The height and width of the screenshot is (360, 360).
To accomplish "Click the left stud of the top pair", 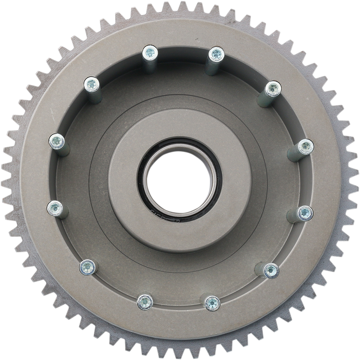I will [x=150, y=52].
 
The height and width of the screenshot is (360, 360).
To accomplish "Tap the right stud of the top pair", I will [x=215, y=53].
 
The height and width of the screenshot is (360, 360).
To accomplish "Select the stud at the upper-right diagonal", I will [x=272, y=89].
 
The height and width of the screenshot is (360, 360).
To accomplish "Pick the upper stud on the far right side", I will [x=306, y=146].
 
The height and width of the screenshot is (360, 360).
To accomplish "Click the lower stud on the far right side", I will [x=305, y=213].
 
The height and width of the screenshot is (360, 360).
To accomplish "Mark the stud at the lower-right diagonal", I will [x=271, y=270].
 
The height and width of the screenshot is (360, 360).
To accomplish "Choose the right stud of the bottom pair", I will [x=212, y=302].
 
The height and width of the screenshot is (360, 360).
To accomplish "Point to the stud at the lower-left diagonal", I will [x=87, y=267].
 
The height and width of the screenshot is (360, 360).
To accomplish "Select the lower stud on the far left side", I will [x=55, y=207].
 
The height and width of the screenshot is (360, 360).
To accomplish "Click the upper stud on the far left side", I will [x=56, y=141].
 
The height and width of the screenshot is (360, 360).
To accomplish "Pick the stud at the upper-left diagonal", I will [x=91, y=84].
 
